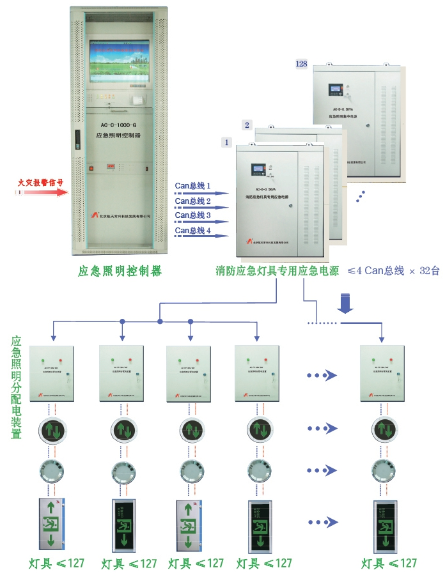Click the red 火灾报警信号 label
click(x=40, y=181)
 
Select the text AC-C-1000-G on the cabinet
click(x=119, y=126)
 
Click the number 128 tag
click(x=302, y=64)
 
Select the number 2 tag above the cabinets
click(x=247, y=124)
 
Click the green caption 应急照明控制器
click(x=120, y=271)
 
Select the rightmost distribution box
click(x=382, y=373)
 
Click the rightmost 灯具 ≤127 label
click(x=388, y=563)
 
